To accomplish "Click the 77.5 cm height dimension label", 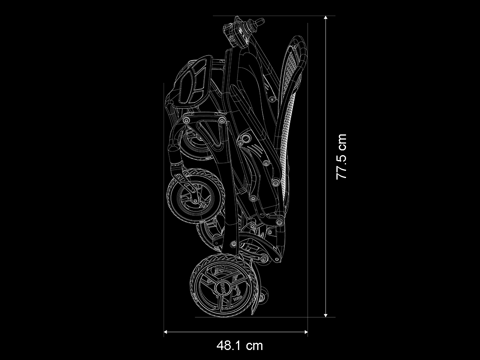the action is click(341, 157).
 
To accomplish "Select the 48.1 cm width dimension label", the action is click(240, 346).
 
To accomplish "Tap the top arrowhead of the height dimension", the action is click(326, 18).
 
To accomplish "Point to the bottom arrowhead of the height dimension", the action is click(326, 315).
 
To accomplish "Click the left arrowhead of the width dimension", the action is click(166, 332).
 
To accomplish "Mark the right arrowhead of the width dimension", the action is click(306, 332).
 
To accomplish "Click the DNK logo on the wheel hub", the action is click(224, 287).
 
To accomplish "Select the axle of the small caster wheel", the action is click(194, 200).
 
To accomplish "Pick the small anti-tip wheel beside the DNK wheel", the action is click(264, 295).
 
